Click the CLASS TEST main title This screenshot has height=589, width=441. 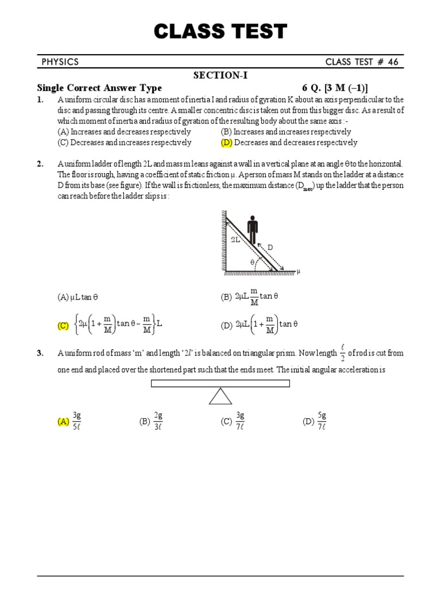coord(220,31)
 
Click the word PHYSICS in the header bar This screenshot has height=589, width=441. coord(60,62)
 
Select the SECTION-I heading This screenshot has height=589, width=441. coord(220,75)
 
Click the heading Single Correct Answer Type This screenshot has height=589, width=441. coord(99,88)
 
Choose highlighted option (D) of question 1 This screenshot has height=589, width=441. coord(226,143)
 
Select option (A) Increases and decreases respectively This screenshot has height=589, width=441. coord(125,132)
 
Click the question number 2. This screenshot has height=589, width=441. coord(40,164)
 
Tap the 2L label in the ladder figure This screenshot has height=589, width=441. coord(236,240)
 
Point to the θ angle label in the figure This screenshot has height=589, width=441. coord(252,262)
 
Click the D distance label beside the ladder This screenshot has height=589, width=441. coord(270,247)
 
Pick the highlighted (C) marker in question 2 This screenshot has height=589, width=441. coord(63,326)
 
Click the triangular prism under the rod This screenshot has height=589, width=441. coord(220,396)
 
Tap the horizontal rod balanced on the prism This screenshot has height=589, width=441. coord(220,384)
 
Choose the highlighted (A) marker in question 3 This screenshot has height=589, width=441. coord(63,422)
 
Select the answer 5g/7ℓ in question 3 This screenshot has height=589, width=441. coord(322,421)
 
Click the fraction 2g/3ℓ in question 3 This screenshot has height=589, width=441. coord(158,421)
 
